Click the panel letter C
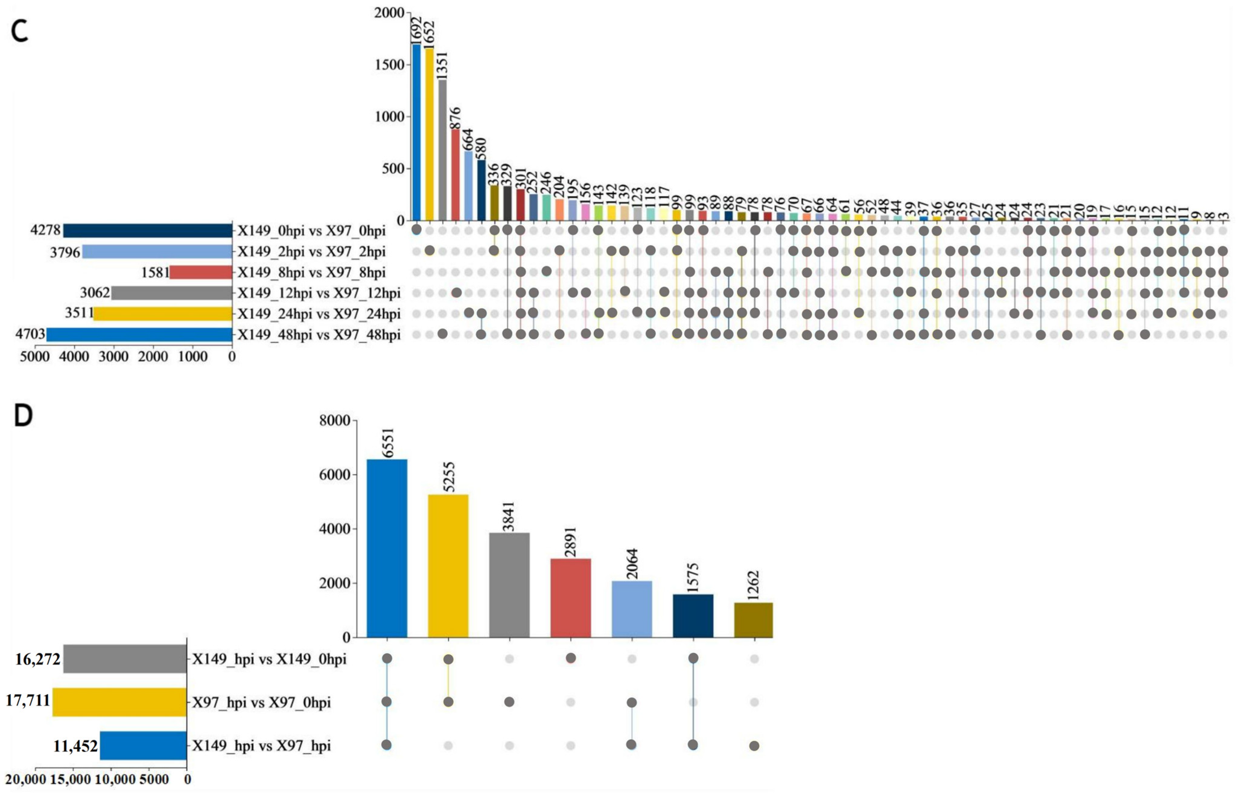coord(20,32)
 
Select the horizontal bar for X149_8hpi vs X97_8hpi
coord(201,272)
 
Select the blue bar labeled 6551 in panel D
coord(386,548)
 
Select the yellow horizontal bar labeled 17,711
coord(119,702)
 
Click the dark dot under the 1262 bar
coord(754,746)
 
